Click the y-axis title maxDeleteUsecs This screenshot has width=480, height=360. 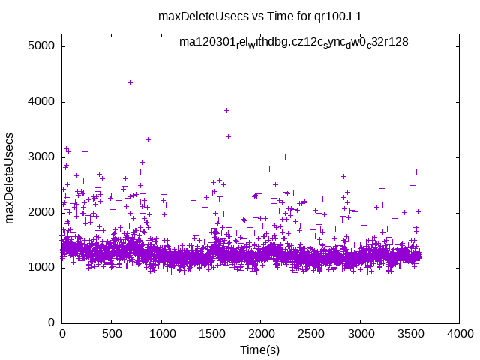pos(10,184)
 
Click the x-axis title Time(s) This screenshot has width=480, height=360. pos(259,350)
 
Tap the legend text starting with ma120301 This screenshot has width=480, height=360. pos(293,43)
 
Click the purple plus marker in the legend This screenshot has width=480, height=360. pos(430,43)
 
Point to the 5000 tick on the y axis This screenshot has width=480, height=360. pos(42,46)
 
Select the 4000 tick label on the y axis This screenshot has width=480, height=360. pos(42,102)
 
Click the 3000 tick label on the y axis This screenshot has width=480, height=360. pos(42,157)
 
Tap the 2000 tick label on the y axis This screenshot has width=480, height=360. pos(42,213)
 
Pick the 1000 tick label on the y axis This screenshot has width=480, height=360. pos(42,268)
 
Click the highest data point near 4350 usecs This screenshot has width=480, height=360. pos(130,82)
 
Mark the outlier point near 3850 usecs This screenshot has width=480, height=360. pos(226,110)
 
